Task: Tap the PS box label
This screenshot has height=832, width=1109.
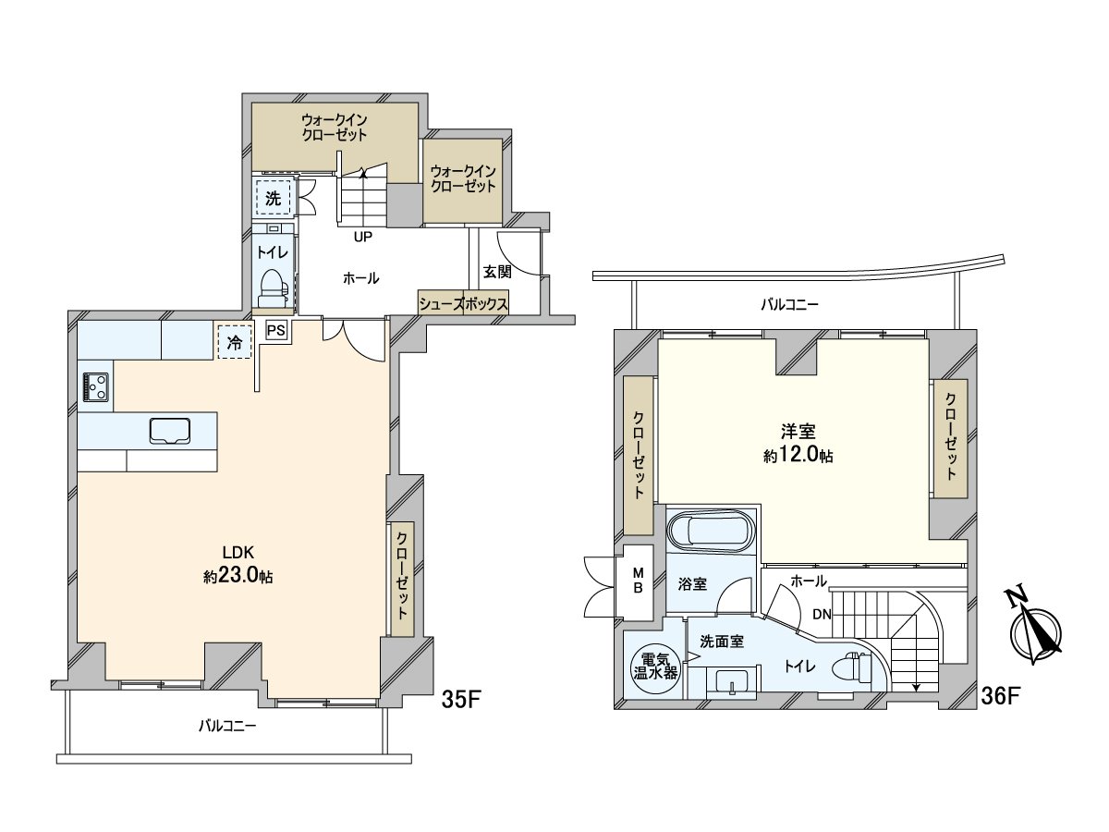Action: tap(275, 331)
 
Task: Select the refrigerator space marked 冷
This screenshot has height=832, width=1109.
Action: tap(235, 342)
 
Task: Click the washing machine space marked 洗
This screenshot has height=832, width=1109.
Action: tap(274, 198)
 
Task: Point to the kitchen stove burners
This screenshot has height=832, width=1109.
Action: tap(95, 387)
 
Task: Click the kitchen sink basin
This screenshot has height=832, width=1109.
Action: tap(170, 431)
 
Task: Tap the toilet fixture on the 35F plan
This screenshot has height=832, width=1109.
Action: tap(274, 288)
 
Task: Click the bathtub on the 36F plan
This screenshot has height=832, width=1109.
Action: tap(711, 532)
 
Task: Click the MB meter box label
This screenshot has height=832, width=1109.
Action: tap(638, 581)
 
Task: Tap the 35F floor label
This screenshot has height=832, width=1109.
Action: tap(460, 701)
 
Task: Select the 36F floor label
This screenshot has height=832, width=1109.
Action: tap(998, 697)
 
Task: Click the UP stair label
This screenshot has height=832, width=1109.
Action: tap(363, 237)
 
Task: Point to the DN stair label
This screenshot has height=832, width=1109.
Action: tap(822, 614)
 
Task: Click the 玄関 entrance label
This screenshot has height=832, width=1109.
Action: tap(497, 272)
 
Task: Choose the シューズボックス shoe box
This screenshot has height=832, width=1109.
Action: tap(463, 302)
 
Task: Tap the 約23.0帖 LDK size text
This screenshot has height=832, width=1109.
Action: tap(238, 576)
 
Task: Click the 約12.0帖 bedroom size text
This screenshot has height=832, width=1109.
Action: tap(798, 456)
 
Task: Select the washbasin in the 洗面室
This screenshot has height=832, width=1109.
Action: tap(731, 683)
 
